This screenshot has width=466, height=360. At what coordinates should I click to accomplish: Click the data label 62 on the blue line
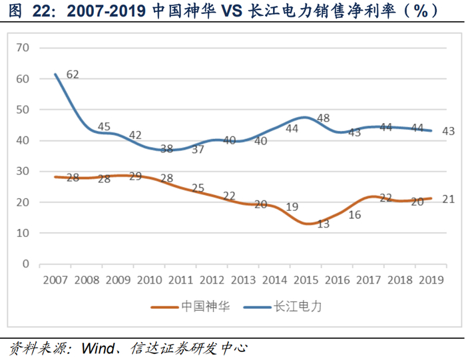point(73,75)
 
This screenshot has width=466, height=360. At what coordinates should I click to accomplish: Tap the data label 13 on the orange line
point(324,224)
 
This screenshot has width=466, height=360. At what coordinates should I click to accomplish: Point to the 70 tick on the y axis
point(23,47)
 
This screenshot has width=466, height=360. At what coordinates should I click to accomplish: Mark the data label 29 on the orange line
point(135,177)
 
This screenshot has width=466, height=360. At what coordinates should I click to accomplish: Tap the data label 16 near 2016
point(354,214)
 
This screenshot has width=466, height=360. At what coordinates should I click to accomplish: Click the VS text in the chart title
point(233,11)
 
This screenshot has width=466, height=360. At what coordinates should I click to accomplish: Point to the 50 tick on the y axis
point(23,109)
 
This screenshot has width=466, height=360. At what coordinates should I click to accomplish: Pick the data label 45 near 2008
point(104,126)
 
